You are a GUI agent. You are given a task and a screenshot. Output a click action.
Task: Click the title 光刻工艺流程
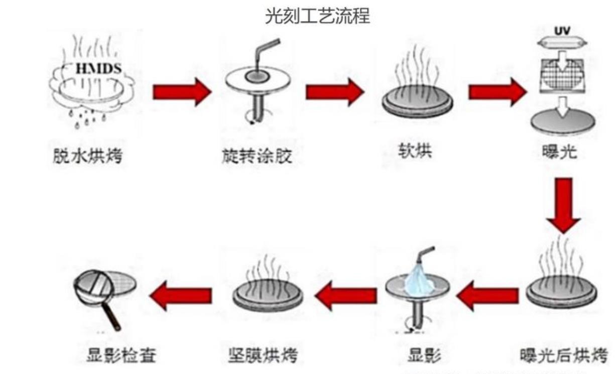pyautogui.click(x=317, y=17)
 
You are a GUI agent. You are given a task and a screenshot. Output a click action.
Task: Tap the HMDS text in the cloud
pyautogui.click(x=98, y=69)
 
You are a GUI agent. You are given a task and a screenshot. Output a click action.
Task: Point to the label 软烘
pyautogui.click(x=413, y=151)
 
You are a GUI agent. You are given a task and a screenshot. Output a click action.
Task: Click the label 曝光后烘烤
pyautogui.click(x=564, y=355)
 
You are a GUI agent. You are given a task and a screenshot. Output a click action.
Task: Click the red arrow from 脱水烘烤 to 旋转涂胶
pyautogui.click(x=181, y=92)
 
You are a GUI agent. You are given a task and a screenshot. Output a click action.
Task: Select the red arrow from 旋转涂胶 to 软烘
pyautogui.click(x=334, y=92)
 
